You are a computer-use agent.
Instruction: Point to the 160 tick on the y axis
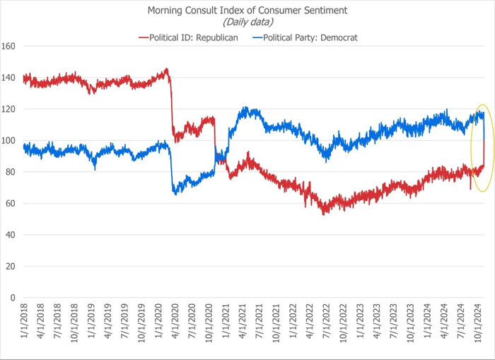[9, 47]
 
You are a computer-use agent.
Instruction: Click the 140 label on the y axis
[9, 78]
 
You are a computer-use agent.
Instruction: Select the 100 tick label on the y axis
[9, 141]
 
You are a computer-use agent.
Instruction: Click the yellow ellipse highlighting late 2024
[472, 149]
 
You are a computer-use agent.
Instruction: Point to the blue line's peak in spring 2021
[245, 108]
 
